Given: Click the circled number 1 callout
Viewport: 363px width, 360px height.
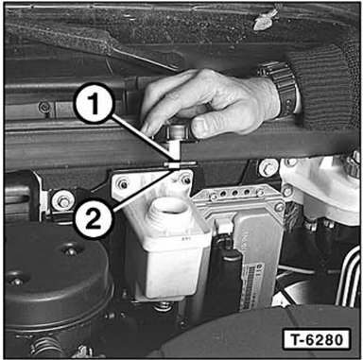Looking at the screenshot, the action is tap(93, 103).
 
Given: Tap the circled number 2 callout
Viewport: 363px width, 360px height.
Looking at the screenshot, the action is tap(93, 219).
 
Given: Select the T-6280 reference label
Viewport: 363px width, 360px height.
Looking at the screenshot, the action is tap(317, 340).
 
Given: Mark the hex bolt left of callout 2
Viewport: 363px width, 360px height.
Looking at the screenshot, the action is tap(63, 201).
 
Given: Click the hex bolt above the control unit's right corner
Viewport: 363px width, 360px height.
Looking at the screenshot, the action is tap(268, 168).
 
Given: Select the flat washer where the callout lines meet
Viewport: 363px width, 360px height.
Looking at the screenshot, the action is tap(180, 164).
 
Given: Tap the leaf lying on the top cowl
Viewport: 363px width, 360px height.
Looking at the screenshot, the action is tap(267, 19).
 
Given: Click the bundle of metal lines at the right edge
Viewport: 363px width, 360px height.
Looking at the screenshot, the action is tap(349, 277).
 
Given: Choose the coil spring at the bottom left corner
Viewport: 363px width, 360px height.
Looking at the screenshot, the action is tap(44, 347).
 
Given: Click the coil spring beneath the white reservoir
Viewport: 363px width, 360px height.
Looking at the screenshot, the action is tap(164, 306).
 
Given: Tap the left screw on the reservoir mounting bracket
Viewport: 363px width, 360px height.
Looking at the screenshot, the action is tap(123, 184).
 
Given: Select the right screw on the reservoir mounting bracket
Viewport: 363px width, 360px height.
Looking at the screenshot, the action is tap(186, 180).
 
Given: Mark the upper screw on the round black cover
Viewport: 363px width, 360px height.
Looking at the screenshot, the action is tap(70, 251).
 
